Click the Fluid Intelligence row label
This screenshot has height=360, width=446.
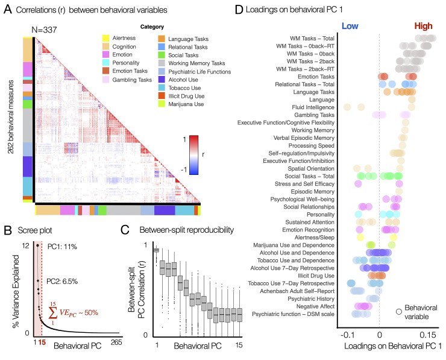coord(307,107)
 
